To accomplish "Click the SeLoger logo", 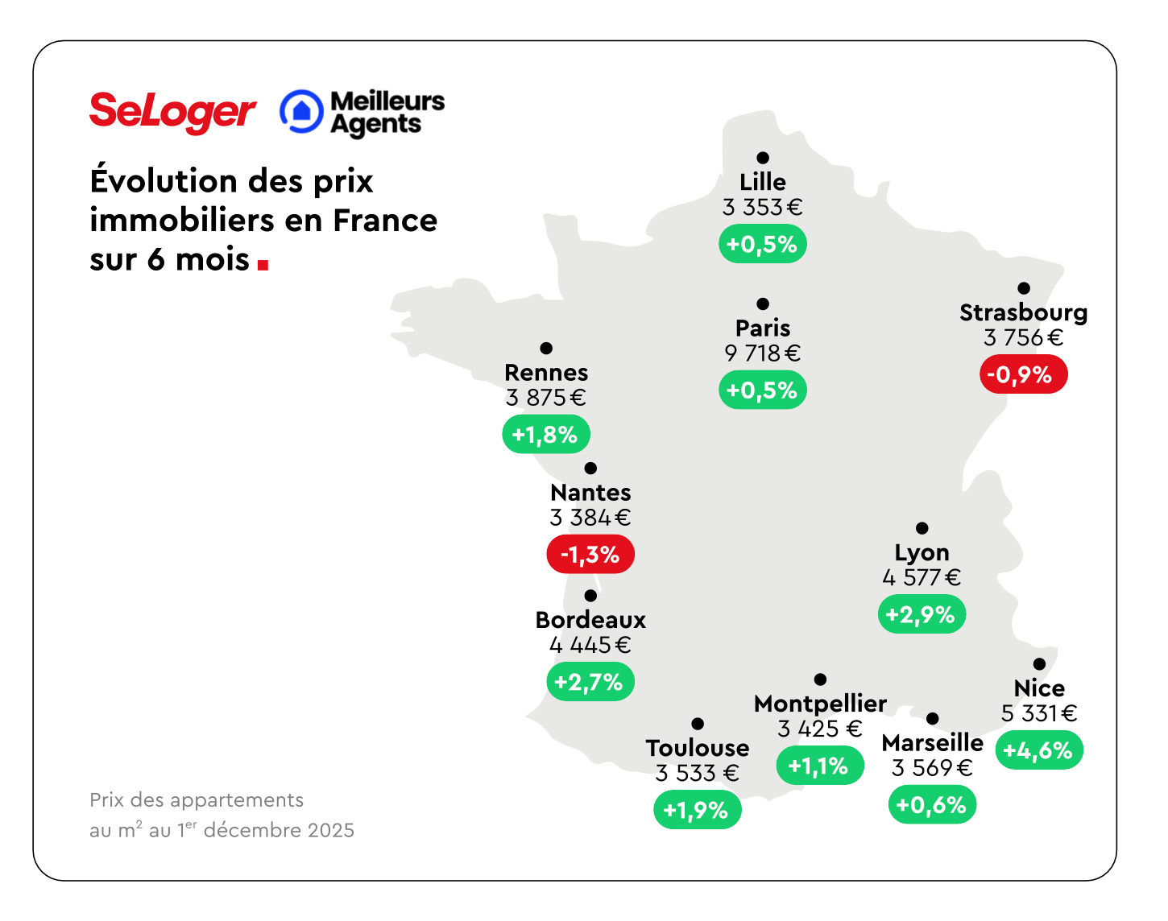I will pos(172,112).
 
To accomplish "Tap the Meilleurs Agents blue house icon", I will pos(301,111).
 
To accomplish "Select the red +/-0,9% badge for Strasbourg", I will pos(1023,375).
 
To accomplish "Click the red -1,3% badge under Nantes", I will pos(590,555).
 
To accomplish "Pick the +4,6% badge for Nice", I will pos(1039,750).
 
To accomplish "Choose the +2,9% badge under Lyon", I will pos(922,615).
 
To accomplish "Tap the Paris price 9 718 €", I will pos(762,353).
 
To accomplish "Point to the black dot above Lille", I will pos(763,158).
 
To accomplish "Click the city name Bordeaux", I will pos(590,620).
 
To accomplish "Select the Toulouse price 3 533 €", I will pos(697,773).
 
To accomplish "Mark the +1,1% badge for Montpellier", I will pos(819,766).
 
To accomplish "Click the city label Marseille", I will pos(932,742).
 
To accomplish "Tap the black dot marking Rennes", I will pos(546,348).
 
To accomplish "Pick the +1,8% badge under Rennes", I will pos(546,435).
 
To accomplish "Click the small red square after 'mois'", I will pos(263,263).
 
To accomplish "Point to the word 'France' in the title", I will pos(385,221).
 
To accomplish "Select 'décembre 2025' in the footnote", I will pos(279,831).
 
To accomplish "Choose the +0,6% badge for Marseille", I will pos(932,804).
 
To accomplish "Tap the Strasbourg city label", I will pos(1023,312).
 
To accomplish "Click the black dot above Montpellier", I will pos(820,679).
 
